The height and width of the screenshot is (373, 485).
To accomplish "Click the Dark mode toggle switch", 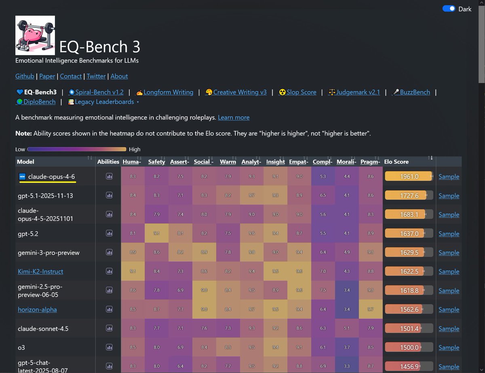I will [449, 8].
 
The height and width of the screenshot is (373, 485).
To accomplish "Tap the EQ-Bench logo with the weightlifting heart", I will [35, 36].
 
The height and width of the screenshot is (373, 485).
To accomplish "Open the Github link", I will [25, 76].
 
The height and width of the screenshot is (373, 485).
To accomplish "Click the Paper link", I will [47, 76].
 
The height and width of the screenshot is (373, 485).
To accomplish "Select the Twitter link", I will [96, 76].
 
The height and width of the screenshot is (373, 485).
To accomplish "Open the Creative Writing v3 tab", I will [240, 92].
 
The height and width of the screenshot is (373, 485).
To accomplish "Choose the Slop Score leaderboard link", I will [301, 92].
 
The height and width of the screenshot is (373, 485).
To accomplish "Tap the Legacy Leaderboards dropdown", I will [104, 102].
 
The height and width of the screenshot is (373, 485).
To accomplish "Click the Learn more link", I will [234, 117].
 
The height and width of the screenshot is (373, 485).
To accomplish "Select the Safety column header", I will [156, 162].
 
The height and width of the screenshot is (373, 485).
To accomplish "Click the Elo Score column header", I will [396, 162].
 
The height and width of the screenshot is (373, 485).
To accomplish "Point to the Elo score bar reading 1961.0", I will [409, 176].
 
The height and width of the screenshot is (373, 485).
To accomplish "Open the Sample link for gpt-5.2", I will [449, 234].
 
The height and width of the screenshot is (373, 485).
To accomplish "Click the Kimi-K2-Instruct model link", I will [40, 271].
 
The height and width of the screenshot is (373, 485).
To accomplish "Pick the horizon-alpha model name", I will [37, 310].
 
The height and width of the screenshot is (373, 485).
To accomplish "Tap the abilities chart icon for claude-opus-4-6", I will [109, 176].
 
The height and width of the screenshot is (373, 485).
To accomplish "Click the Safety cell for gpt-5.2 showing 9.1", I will [156, 233].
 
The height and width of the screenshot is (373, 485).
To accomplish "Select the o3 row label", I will [21, 348].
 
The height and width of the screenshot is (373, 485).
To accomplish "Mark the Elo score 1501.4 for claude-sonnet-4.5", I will [409, 329].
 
